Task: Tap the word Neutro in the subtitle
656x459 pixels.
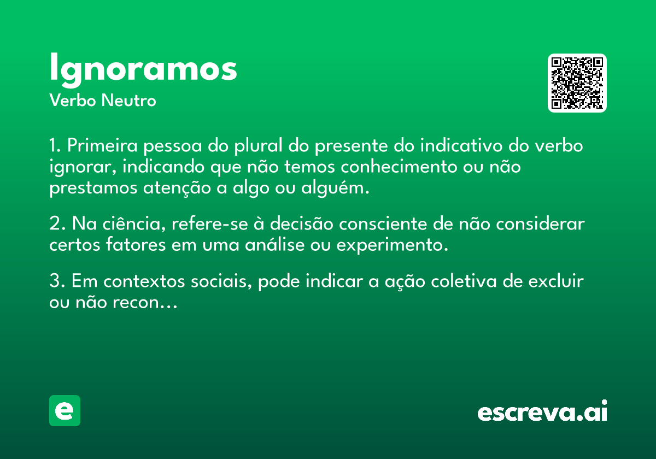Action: pyautogui.click(x=128, y=101)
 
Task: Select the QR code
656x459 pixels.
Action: pyautogui.click(x=577, y=83)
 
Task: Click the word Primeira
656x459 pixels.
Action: pyautogui.click(x=102, y=145)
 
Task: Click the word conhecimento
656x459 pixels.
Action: pyautogui.click(x=399, y=167)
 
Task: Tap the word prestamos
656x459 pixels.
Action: pyautogui.click(x=93, y=189)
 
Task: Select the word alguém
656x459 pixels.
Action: pyautogui.click(x=335, y=188)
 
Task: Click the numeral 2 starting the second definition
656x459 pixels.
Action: pyautogui.click(x=55, y=223)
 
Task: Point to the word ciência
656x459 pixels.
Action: pyautogui.click(x=132, y=223)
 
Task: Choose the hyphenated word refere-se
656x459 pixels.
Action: pyautogui.click(x=210, y=223)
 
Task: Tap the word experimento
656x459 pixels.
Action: pyautogui.click(x=393, y=245)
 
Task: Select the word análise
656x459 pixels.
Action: pyautogui.click(x=274, y=244)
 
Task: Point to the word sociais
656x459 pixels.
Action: pyautogui.click(x=221, y=281)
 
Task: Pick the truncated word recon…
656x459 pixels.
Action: pyautogui.click(x=145, y=303)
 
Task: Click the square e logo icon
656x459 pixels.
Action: pyautogui.click(x=65, y=410)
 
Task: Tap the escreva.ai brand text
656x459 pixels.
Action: pyautogui.click(x=542, y=411)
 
